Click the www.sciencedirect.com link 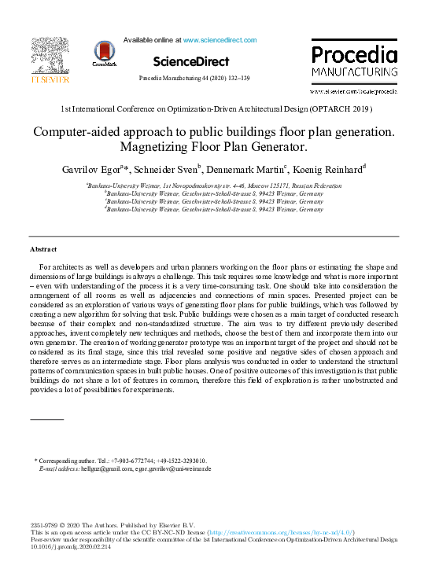click(220, 39)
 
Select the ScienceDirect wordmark click(191, 61)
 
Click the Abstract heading click(43, 248)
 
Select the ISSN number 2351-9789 click(45, 525)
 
